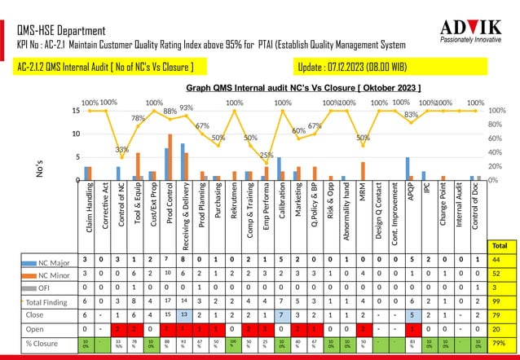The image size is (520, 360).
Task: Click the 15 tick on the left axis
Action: coord(74,110)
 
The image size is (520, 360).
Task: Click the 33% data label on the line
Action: coord(121,150)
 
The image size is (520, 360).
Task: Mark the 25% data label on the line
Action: coord(267,155)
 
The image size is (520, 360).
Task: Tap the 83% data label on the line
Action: coord(412,115)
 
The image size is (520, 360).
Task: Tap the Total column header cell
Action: coord(500,244)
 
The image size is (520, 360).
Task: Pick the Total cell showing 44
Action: coord(500,261)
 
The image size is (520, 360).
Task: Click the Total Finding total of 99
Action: coord(500,301)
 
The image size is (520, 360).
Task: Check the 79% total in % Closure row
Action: coord(500,343)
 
